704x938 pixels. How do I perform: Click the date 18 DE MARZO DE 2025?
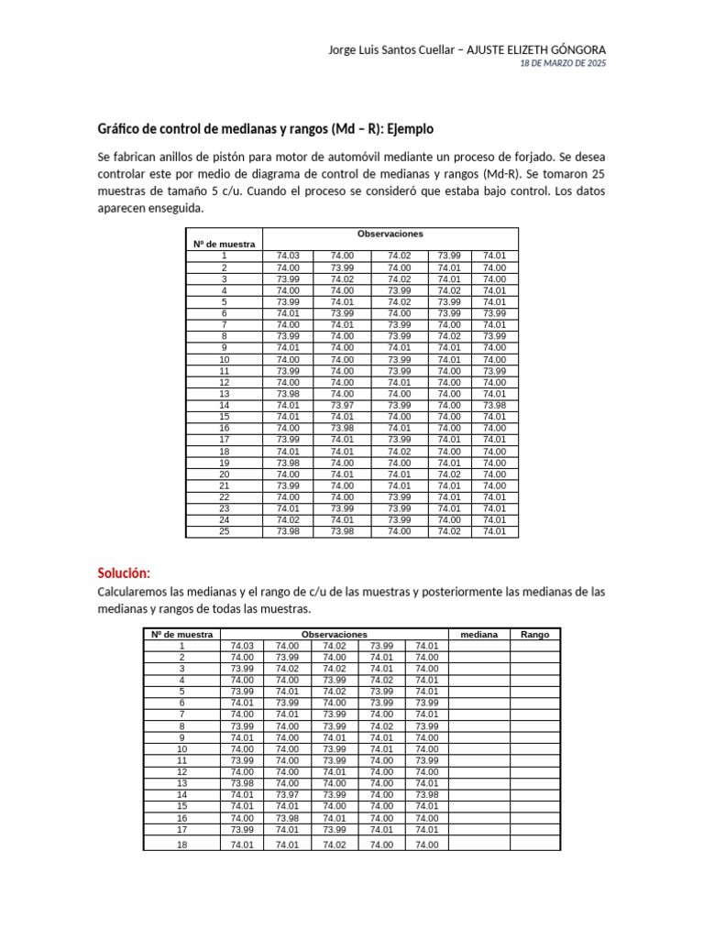tap(563, 63)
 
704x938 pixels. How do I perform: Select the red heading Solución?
tap(123, 573)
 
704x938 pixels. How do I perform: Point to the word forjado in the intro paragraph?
tap(536, 157)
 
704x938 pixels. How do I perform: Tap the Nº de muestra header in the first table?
tap(224, 245)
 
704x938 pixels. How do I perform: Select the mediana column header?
tap(478, 634)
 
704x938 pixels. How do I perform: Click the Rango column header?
tap(534, 634)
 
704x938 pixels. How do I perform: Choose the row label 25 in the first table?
tap(224, 531)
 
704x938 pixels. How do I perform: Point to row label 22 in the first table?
tap(224, 496)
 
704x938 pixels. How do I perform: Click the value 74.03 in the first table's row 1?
tap(288, 256)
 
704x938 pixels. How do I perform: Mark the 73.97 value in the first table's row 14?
tap(342, 405)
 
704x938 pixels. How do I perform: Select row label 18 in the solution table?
tap(181, 845)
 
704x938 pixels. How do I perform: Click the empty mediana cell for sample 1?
tap(478, 646)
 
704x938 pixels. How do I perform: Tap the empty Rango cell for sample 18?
tap(534, 845)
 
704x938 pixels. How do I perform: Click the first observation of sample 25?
tap(288, 531)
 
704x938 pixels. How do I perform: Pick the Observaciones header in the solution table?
tap(334, 634)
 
